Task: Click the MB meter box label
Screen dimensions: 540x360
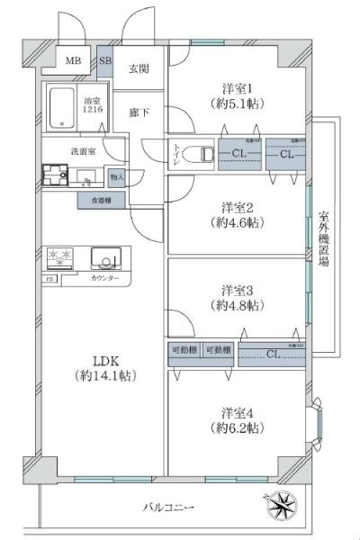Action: point(71,62)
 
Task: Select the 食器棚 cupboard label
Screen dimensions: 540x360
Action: point(101,201)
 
